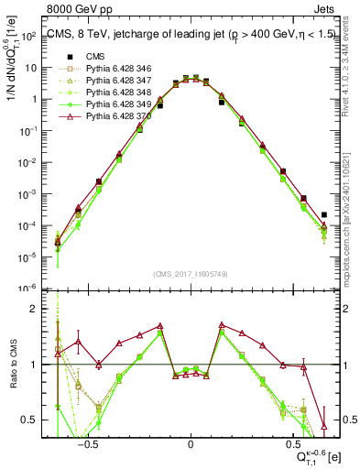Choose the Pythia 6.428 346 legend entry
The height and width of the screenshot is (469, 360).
coord(108,69)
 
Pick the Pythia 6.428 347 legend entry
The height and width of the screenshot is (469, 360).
coord(108,81)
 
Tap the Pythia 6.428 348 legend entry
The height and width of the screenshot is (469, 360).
coord(108,93)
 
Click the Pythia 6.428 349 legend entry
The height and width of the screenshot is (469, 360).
coord(108,104)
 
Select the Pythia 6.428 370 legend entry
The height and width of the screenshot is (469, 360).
coord(108,116)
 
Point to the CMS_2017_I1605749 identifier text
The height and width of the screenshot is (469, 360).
coord(191,274)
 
